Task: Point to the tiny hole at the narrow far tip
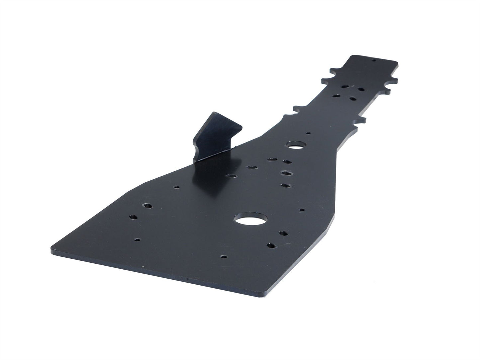tap(373, 61)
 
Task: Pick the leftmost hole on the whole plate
tap(133, 218)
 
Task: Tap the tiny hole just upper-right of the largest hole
tap(302, 210)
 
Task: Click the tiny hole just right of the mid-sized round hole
tap(309, 133)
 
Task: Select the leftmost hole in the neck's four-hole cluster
tap(336, 95)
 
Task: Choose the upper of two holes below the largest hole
tap(283, 233)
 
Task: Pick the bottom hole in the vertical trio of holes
tap(285, 185)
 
